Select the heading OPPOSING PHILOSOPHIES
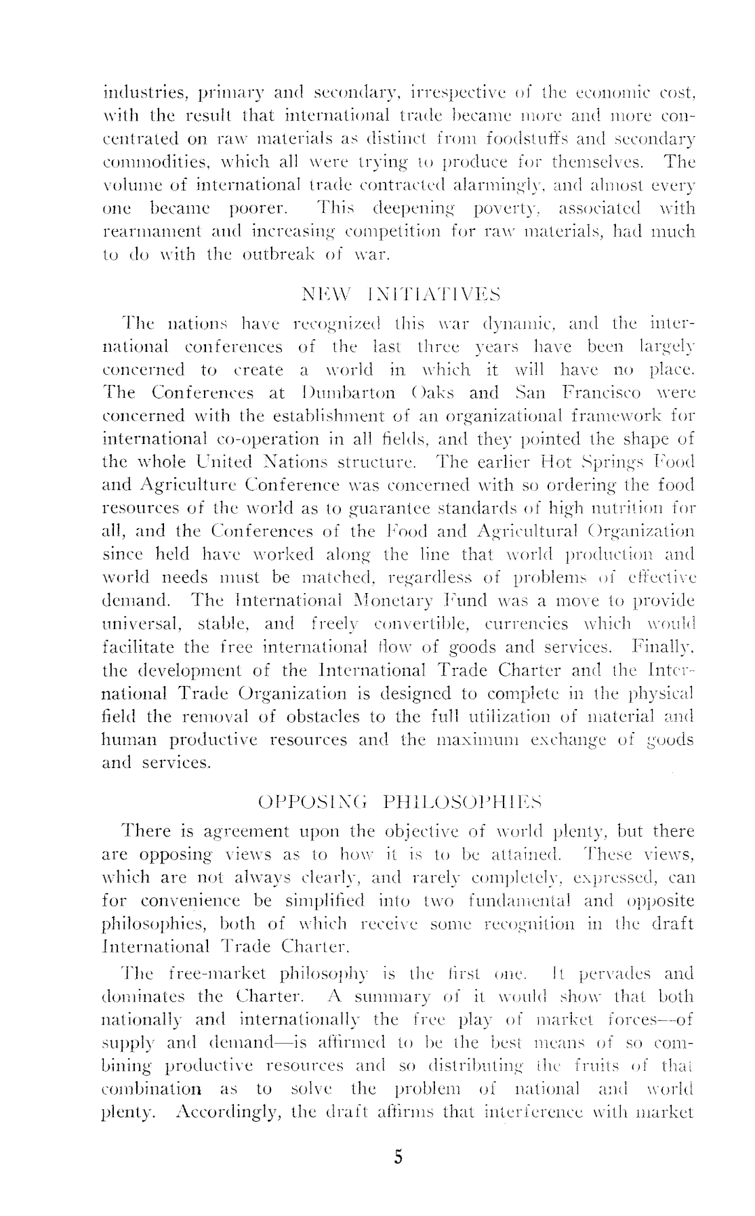(x=400, y=803)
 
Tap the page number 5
(x=398, y=1157)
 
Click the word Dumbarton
(x=348, y=392)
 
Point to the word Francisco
(x=605, y=392)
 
